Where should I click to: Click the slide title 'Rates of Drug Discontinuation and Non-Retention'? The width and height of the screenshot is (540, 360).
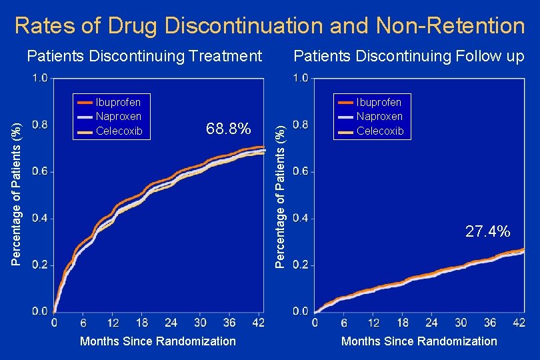(x=269, y=25)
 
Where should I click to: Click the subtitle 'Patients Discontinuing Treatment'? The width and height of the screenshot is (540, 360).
(x=145, y=56)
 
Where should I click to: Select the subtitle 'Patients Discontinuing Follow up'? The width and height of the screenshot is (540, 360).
(x=409, y=56)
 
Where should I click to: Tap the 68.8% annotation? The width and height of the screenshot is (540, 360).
(x=229, y=128)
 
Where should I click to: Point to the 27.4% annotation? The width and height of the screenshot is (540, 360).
(x=488, y=231)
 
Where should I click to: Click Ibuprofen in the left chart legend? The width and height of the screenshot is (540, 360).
(x=119, y=103)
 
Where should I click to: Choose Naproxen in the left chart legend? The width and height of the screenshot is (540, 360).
(x=119, y=117)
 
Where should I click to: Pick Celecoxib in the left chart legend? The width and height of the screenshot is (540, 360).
(x=119, y=131)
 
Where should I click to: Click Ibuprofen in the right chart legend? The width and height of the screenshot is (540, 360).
(x=379, y=103)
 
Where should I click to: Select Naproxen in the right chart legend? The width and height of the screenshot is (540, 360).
(x=379, y=117)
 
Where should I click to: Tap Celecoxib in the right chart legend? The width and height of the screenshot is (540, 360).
(x=380, y=131)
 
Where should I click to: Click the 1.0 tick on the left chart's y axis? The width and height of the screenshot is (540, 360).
(x=40, y=78)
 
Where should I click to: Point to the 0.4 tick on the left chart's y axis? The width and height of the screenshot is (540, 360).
(x=40, y=219)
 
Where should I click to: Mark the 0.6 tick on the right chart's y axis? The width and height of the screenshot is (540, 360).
(x=301, y=172)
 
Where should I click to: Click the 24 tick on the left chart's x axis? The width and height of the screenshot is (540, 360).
(x=171, y=323)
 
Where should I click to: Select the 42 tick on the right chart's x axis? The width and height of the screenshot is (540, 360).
(x=519, y=323)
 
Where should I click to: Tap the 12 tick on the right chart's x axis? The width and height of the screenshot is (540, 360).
(x=373, y=323)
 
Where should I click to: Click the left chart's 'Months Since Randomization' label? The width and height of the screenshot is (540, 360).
(x=158, y=341)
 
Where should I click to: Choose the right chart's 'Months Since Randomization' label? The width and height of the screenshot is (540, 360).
(x=419, y=341)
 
